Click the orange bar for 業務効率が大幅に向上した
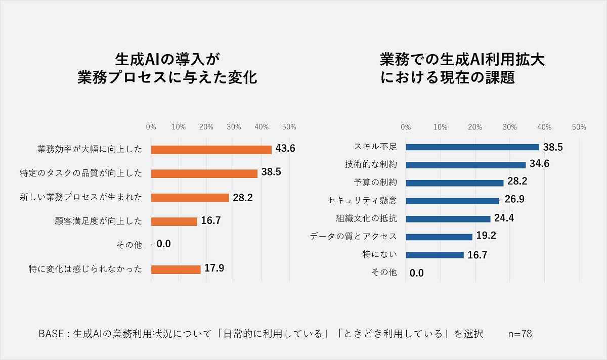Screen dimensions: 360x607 (211, 150)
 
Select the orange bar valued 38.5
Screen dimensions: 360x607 (204, 173)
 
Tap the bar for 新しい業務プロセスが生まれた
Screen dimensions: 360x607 (190, 198)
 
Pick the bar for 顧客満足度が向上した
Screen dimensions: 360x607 (174, 221)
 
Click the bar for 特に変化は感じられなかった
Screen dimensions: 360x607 (176, 269)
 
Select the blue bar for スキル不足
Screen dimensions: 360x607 (472, 147)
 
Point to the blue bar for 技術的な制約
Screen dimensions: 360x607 (466, 165)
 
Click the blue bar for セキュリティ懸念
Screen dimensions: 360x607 (452, 201)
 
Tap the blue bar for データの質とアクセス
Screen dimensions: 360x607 (439, 237)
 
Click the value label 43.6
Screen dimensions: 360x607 (285, 149)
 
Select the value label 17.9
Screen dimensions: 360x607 (214, 268)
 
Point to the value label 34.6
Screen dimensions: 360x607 (540, 164)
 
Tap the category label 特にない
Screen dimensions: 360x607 (380, 254)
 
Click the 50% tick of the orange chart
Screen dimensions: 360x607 (289, 127)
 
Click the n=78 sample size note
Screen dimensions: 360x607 (520, 334)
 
